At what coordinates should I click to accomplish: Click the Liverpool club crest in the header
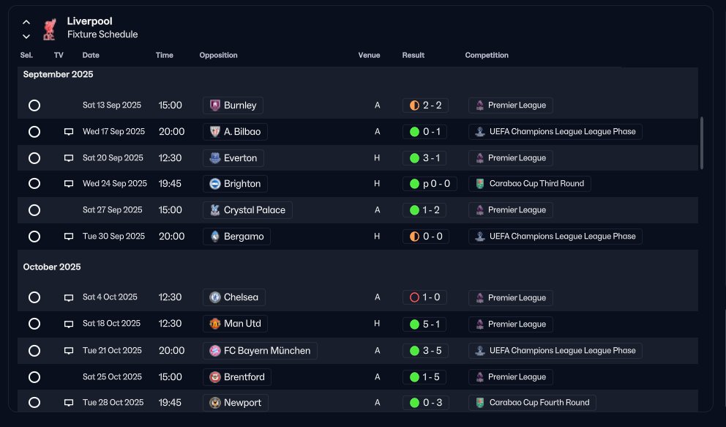point(49,29)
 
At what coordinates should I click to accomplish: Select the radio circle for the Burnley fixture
point(34,105)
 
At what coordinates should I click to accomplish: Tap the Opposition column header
point(219,55)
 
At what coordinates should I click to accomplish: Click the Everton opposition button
point(233,158)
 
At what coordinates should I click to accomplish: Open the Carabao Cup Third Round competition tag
point(530,184)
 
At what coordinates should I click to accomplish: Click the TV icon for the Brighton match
point(69,184)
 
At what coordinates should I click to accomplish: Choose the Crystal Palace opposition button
point(247,210)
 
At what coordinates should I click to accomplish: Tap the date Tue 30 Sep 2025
point(114,236)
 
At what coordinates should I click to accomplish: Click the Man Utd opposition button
point(235,324)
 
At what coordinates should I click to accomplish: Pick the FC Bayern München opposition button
point(261,351)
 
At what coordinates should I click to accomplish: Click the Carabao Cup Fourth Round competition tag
point(533,402)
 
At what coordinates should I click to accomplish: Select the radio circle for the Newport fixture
point(34,403)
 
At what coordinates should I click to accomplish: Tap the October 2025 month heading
point(52,267)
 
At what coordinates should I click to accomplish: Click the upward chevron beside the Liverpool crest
point(26,22)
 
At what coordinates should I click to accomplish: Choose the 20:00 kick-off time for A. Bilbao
point(172,132)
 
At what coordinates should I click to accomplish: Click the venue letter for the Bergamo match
point(377,236)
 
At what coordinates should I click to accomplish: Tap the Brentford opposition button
point(237,377)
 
